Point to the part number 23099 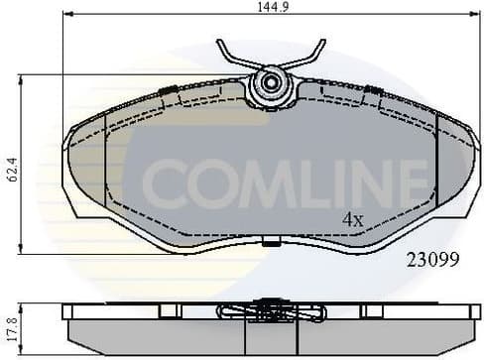click(x=432, y=263)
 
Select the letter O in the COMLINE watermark click(x=211, y=180)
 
